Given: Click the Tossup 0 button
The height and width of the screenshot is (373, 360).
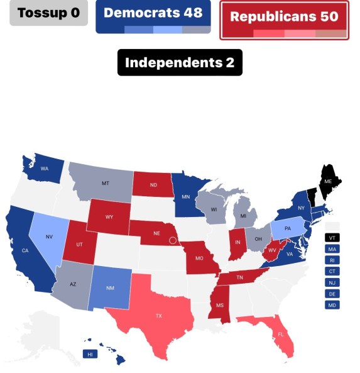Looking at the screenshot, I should [x=48, y=13].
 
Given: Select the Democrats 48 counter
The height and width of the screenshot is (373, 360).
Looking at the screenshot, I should [x=153, y=14].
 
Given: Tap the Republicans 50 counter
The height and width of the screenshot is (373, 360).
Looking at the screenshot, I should [x=284, y=18].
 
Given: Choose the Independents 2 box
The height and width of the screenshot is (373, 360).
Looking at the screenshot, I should [x=180, y=62].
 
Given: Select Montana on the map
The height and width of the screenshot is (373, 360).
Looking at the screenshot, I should [x=104, y=183].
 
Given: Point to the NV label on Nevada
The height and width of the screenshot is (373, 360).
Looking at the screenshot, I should [x=50, y=237].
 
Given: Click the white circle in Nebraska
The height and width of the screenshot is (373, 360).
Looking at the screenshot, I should [x=173, y=240].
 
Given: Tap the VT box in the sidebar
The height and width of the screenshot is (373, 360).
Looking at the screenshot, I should [x=332, y=238].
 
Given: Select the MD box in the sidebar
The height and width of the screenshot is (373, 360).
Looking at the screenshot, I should [x=332, y=305].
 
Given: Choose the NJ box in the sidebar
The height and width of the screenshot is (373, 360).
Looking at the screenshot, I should [x=332, y=282].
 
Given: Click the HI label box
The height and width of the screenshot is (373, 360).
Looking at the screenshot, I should [x=90, y=354].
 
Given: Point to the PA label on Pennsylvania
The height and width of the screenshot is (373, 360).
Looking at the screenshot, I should [x=288, y=228].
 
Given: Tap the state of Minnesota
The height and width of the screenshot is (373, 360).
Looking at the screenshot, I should [x=186, y=196].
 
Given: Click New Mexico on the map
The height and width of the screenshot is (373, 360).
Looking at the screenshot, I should [x=111, y=288].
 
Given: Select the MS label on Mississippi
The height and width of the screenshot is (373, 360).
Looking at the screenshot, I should [x=220, y=305].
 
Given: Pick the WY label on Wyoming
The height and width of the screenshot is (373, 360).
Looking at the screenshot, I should [x=109, y=217].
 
